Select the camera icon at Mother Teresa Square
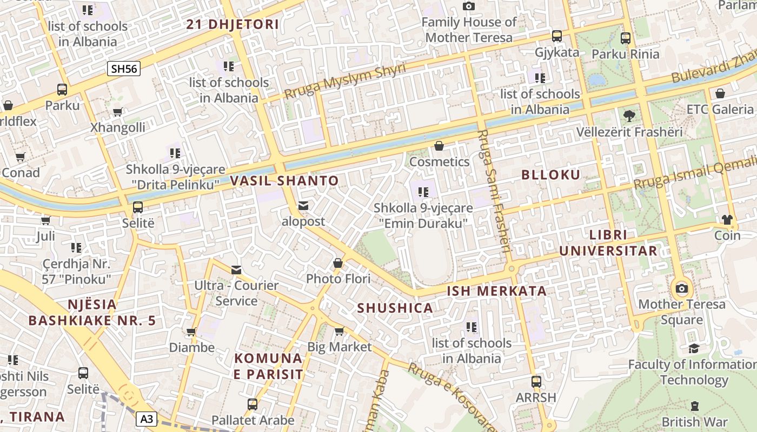(x=682, y=288)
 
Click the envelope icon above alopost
(x=303, y=206)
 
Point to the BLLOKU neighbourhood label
(x=551, y=174)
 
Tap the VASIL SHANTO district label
(x=284, y=181)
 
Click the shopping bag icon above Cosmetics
(x=439, y=146)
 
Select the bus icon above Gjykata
(x=556, y=37)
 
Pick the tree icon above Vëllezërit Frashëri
(x=629, y=116)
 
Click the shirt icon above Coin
(x=727, y=220)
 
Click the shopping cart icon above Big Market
(x=339, y=331)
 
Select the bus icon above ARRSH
(x=536, y=382)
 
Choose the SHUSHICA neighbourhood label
(x=395, y=308)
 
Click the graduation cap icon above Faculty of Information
(x=694, y=349)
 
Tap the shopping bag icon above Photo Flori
(x=338, y=264)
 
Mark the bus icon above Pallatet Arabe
(x=253, y=404)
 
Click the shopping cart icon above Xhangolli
(x=117, y=112)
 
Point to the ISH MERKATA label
(x=496, y=291)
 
